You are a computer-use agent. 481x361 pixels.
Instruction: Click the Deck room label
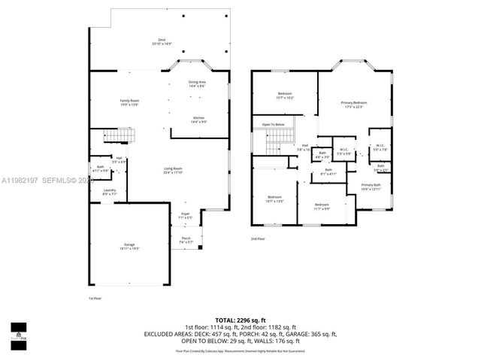pos(162,41)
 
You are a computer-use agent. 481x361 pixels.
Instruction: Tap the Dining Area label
pos(197,83)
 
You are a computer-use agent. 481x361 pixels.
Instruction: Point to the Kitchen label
pos(198,119)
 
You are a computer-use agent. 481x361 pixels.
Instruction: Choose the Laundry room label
pos(110,192)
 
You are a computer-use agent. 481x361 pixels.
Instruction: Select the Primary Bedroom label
pos(353,104)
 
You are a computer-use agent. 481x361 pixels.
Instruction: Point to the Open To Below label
pos(273,124)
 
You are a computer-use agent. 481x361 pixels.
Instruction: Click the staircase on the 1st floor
pos(120,135)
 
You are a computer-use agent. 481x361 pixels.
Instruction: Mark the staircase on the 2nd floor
pos(279,136)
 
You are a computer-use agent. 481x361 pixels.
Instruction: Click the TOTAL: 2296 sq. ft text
pos(240,320)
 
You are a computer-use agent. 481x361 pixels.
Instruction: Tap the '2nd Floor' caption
pos(258,238)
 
